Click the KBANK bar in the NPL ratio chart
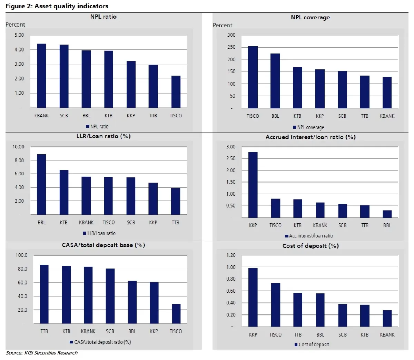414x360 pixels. (x=41, y=76)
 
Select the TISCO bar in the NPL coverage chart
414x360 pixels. (x=253, y=77)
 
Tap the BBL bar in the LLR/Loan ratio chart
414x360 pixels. (x=41, y=184)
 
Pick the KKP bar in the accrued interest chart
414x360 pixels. (x=253, y=185)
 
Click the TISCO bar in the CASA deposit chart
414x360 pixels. (x=176, y=313)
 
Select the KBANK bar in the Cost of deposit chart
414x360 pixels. (x=387, y=318)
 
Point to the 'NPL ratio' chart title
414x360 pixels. (x=103, y=17)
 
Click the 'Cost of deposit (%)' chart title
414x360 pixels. (x=310, y=246)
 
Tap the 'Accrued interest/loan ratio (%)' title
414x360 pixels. (x=310, y=137)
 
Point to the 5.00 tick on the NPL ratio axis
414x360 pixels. (x=19, y=35)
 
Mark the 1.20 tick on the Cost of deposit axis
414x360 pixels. (x=231, y=255)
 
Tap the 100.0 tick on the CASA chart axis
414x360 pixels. (x=21, y=255)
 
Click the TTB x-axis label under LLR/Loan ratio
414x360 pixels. (x=176, y=223)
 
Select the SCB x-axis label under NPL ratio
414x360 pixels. (x=64, y=116)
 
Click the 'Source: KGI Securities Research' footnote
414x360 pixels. (x=42, y=353)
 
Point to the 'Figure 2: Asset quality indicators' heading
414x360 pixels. (x=57, y=6)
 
